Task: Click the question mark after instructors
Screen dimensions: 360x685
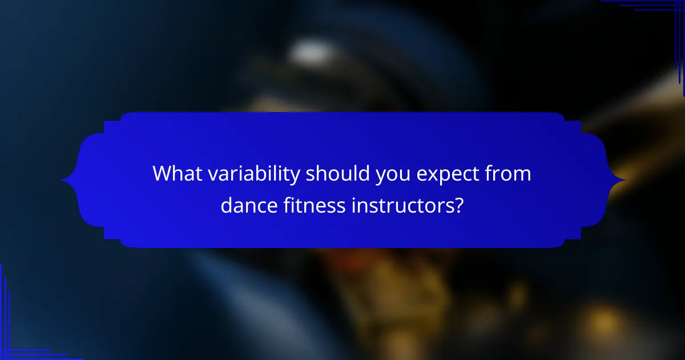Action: (459, 205)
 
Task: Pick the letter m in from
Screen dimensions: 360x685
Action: (523, 175)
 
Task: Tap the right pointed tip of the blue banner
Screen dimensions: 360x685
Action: (624, 181)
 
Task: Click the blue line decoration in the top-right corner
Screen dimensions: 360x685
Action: (656, 6)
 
